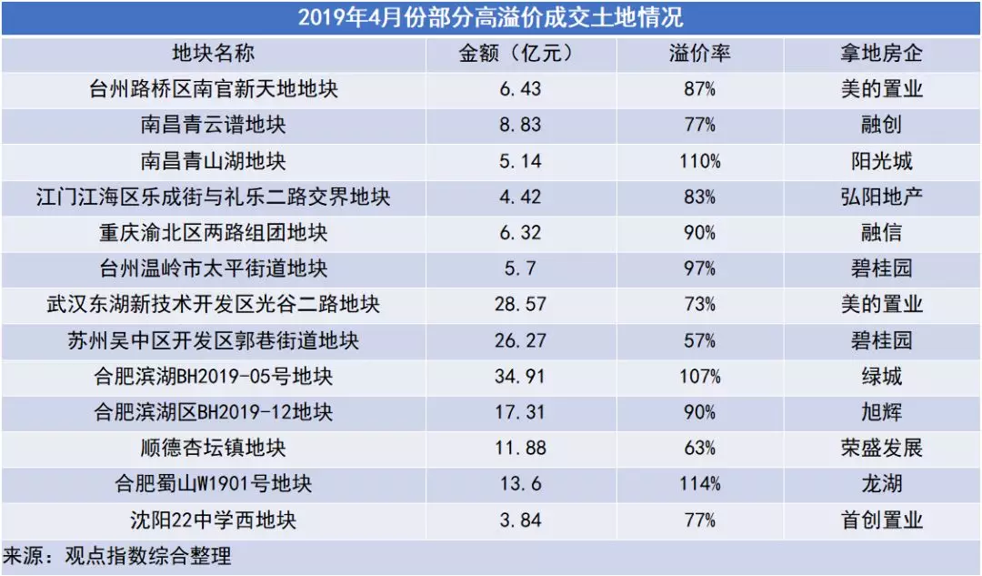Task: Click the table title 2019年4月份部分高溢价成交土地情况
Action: tap(490, 17)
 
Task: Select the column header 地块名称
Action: tap(213, 54)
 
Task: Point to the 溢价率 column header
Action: tap(699, 54)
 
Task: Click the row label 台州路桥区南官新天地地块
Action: tap(213, 89)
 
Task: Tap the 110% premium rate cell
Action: tap(699, 161)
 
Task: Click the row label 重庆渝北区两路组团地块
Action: tap(213, 233)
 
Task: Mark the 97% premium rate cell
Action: tap(699, 268)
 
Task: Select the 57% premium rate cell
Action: tap(699, 340)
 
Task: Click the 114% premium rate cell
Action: tap(699, 484)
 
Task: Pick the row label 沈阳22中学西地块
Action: tap(213, 520)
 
